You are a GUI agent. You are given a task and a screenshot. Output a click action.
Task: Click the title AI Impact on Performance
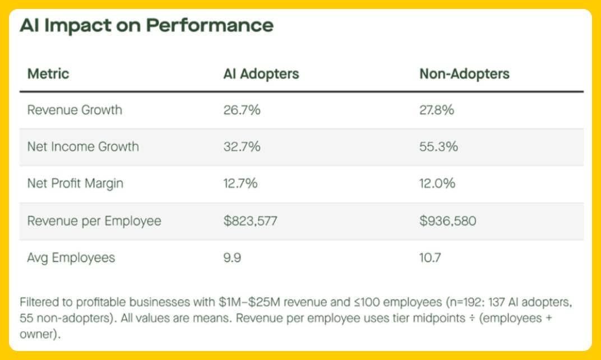(x=146, y=26)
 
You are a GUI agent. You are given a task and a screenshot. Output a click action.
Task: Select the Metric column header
(x=48, y=74)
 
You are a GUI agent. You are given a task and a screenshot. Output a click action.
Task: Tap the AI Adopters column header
(x=261, y=74)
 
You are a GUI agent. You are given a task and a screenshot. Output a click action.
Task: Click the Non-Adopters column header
(x=464, y=74)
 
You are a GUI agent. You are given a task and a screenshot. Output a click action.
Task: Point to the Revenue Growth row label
(x=75, y=110)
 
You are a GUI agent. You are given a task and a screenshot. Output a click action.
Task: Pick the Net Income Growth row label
(x=83, y=147)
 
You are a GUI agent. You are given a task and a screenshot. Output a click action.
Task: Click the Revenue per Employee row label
(x=94, y=221)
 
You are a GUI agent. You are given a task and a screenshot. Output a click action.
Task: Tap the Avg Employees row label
(x=71, y=258)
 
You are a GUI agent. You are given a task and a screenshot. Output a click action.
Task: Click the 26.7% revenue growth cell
(x=242, y=110)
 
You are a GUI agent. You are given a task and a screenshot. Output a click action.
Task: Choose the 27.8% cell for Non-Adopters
(x=437, y=110)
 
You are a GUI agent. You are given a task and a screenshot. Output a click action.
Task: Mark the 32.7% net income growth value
(x=242, y=147)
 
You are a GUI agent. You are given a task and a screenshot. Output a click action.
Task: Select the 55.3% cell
(x=438, y=147)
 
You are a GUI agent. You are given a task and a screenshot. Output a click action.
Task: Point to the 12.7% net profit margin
(x=241, y=184)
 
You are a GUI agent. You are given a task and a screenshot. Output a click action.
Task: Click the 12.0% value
(x=437, y=184)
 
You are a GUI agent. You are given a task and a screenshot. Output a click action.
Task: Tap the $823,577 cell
(x=250, y=221)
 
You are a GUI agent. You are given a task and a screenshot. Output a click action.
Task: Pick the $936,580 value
(x=447, y=221)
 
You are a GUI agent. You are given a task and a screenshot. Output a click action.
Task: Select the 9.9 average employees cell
(x=233, y=258)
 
